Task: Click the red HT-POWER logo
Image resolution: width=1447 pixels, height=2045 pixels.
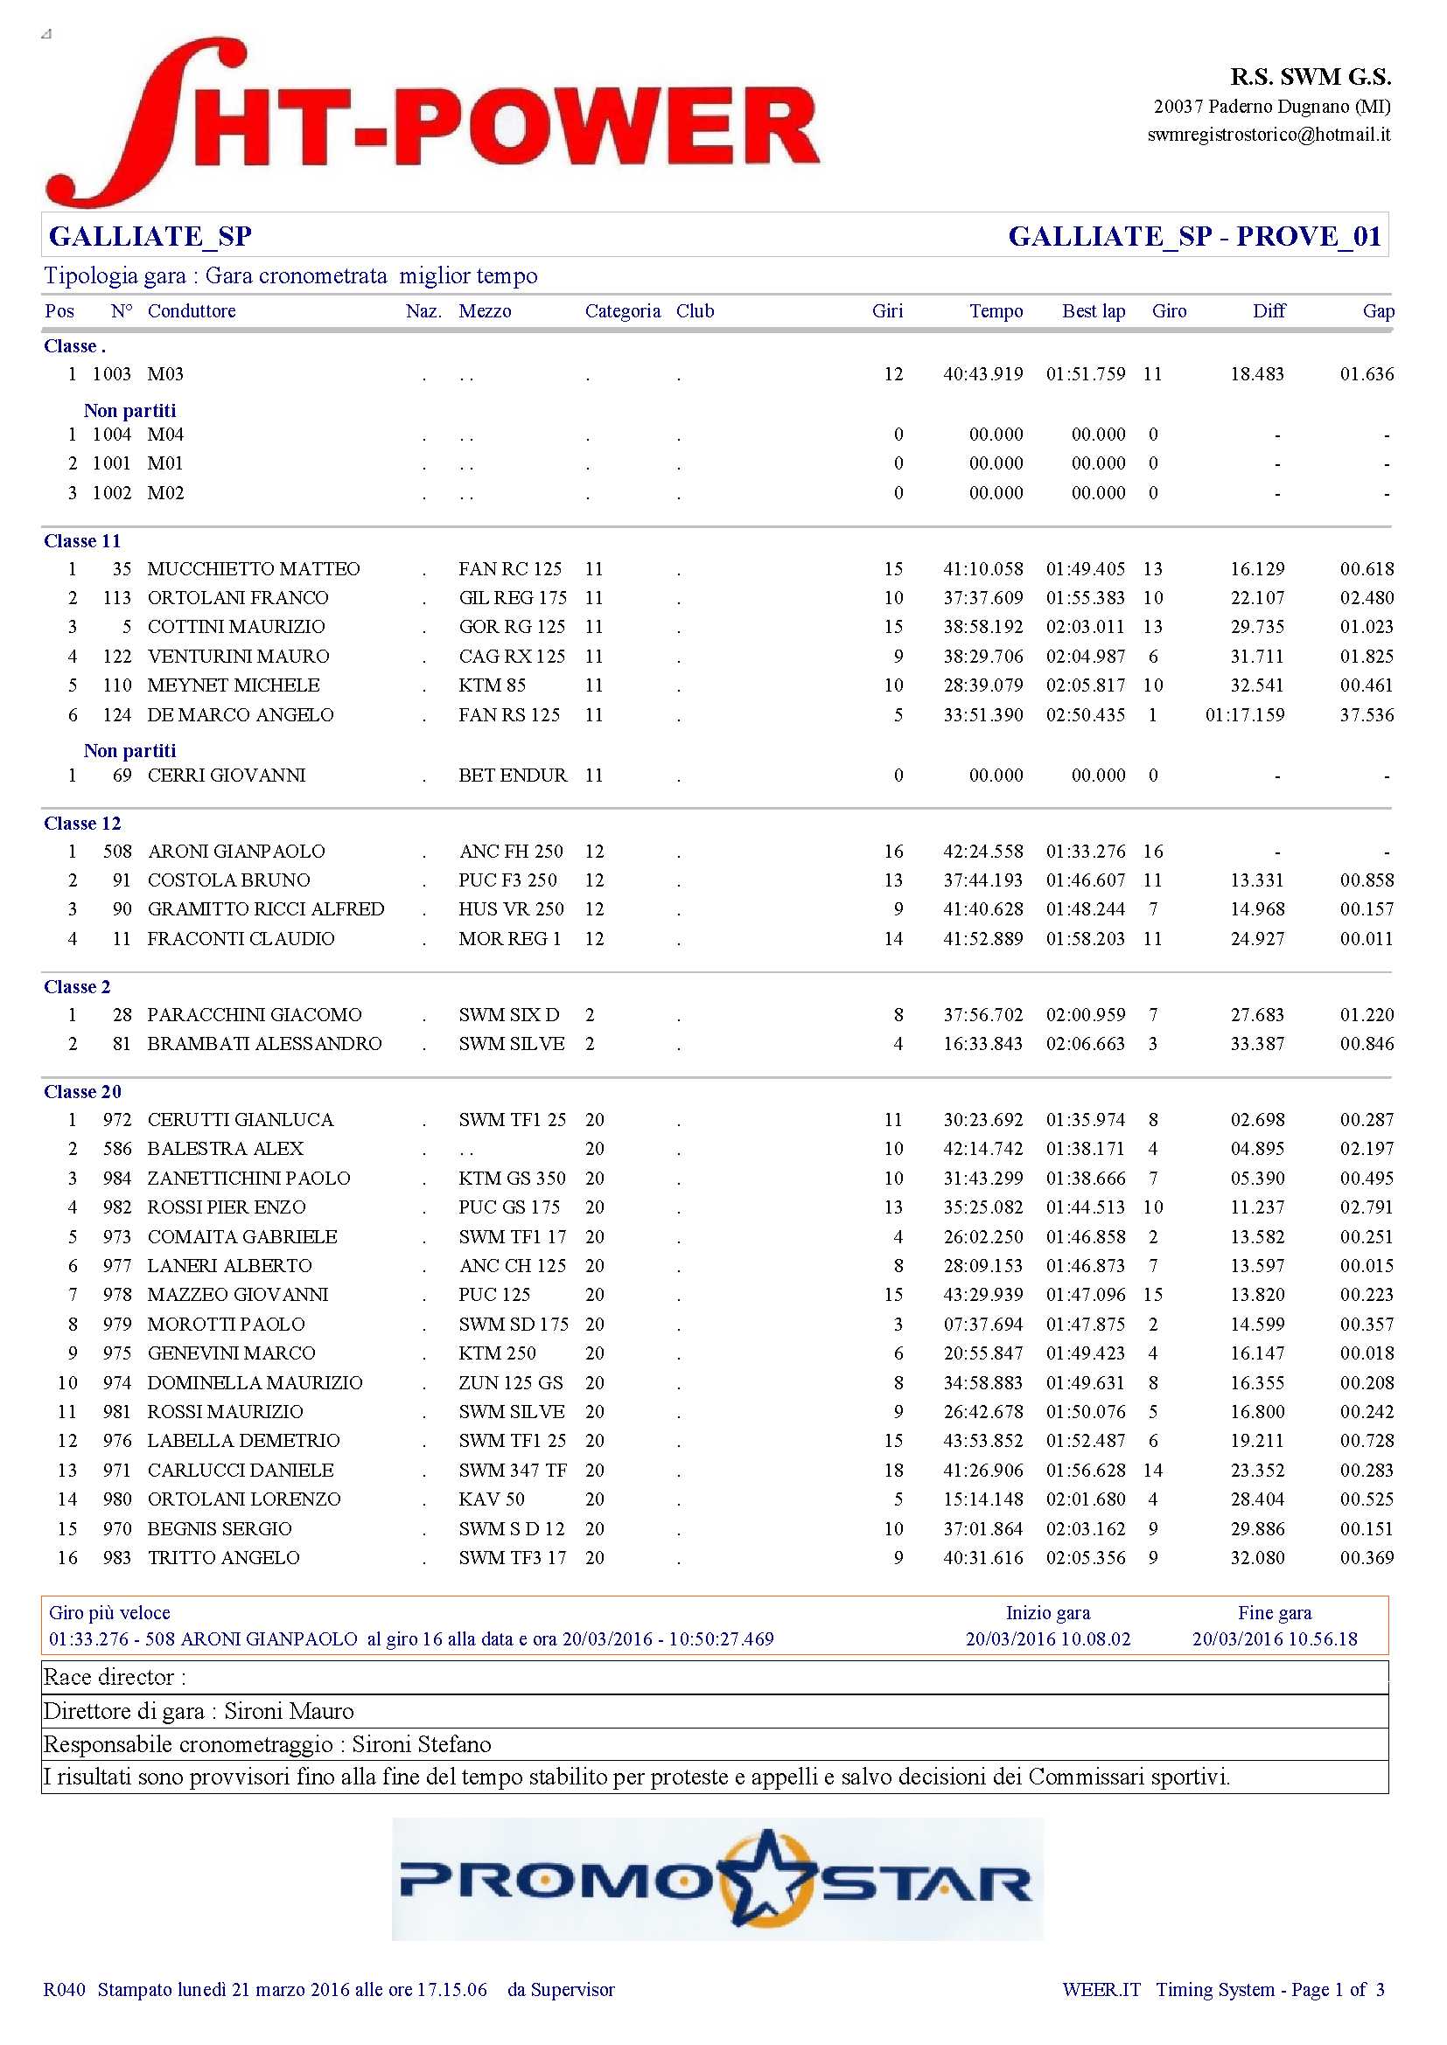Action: click(433, 123)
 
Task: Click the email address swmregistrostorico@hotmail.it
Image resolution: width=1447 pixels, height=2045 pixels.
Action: click(1268, 135)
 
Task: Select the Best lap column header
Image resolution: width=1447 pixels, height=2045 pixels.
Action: click(1094, 311)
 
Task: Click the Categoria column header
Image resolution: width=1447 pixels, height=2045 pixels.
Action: click(622, 311)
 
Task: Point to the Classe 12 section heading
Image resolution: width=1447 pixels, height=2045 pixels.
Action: click(82, 823)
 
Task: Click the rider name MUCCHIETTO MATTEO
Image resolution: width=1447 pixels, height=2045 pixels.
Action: click(253, 569)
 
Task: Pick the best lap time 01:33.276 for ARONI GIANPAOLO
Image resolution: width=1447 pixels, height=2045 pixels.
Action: click(1085, 852)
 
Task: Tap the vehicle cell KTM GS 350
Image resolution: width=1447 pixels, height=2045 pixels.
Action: click(512, 1179)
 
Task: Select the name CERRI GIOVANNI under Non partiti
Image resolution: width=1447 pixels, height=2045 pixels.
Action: click(227, 776)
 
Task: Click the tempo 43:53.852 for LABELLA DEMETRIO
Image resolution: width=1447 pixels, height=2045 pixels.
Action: click(982, 1441)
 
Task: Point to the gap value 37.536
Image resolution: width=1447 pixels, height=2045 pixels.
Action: click(1367, 715)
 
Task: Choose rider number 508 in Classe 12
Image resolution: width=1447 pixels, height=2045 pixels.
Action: click(116, 852)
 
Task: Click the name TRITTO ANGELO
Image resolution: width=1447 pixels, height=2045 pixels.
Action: click(223, 1558)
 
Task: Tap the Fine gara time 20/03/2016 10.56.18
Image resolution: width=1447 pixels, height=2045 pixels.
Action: click(1274, 1638)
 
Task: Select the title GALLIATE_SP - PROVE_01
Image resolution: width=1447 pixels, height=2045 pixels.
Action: click(1194, 236)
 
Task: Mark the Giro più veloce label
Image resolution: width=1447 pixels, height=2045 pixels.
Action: click(108, 1612)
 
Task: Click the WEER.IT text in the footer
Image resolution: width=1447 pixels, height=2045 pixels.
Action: click(1101, 1990)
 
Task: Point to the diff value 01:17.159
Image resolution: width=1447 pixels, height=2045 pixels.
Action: click(1244, 715)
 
